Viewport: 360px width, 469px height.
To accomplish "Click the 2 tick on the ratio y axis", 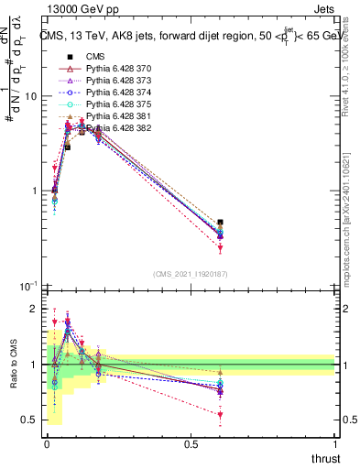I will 34,309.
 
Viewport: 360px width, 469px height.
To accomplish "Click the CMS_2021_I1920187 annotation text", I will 190,274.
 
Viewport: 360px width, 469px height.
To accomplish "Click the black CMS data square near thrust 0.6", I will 220,223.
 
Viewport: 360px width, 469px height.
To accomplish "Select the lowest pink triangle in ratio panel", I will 220,415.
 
